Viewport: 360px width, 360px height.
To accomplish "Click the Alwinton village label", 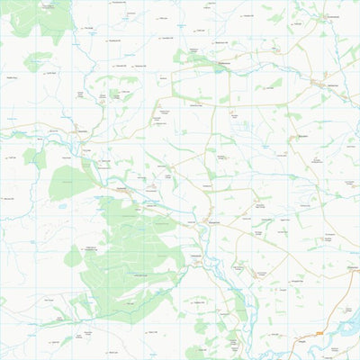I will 83,131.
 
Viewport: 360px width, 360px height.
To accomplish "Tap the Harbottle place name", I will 122,189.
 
